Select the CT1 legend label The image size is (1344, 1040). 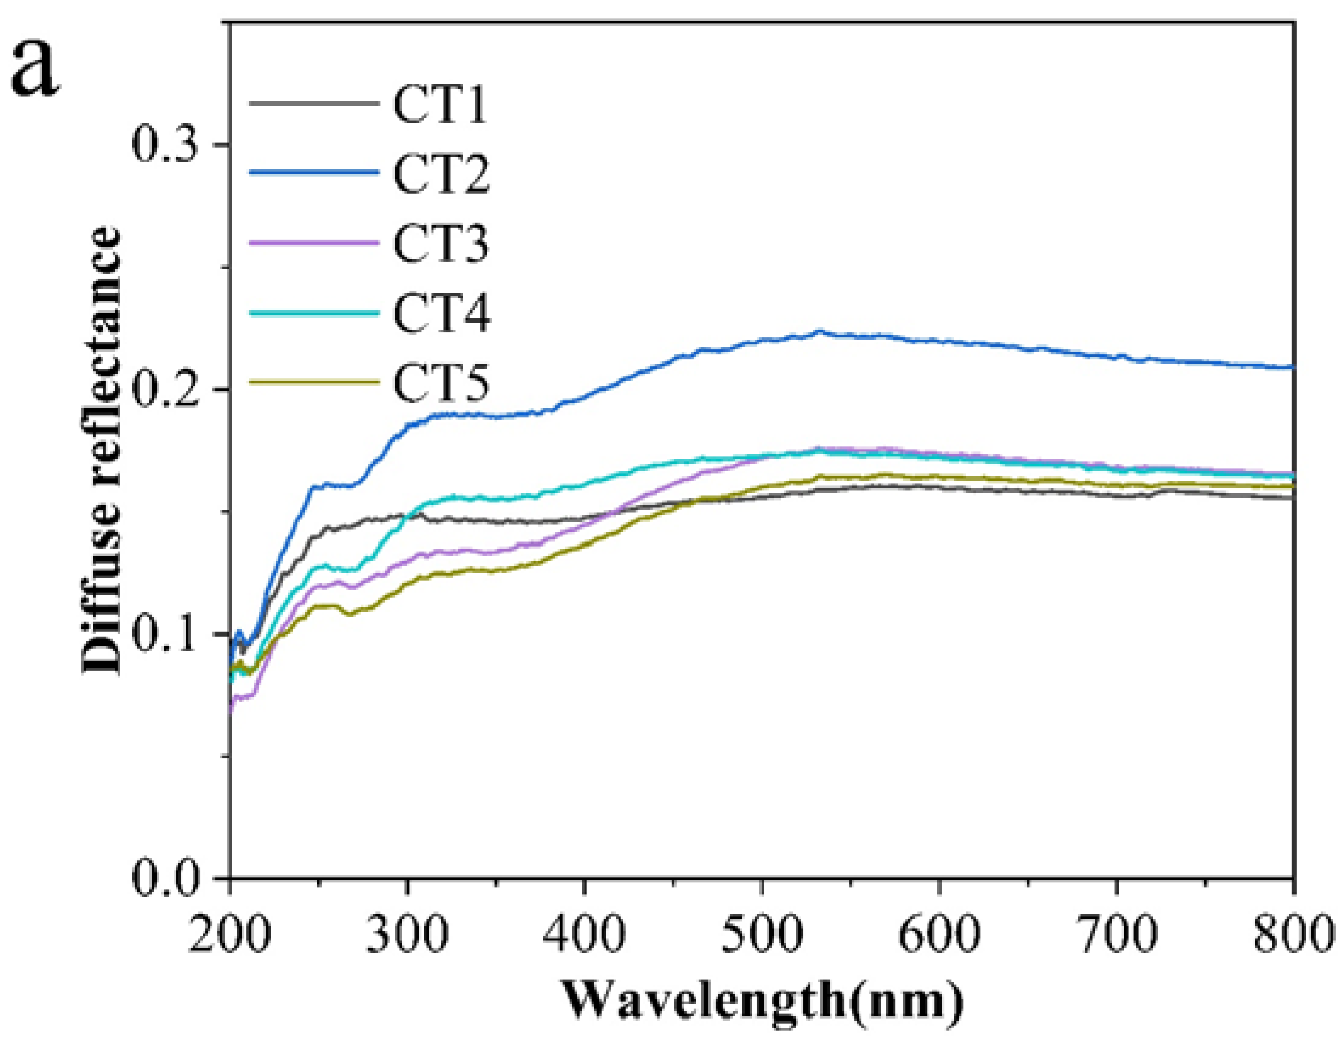(441, 105)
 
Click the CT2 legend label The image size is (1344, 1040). (441, 175)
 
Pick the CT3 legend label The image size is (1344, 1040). (441, 244)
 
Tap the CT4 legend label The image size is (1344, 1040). (441, 313)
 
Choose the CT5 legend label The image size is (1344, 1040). (441, 383)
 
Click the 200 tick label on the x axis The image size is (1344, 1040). (229, 934)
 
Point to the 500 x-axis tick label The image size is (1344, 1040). (762, 934)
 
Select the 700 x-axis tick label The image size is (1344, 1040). (1116, 934)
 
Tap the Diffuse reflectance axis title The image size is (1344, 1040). (101, 450)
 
